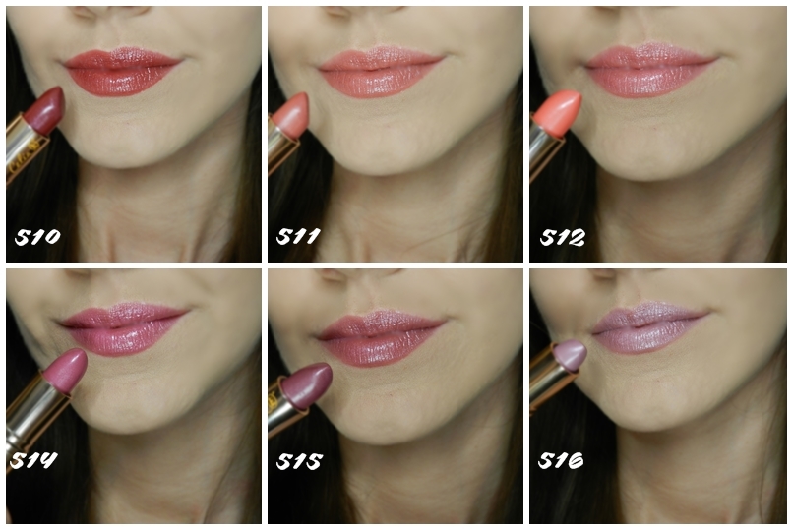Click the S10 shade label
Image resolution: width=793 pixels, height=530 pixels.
point(37,236)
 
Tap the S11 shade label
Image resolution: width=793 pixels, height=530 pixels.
point(298,236)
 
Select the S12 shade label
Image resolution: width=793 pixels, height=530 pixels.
point(563,237)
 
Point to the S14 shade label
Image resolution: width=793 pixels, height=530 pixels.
point(33,460)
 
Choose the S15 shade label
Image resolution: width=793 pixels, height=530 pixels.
point(299,461)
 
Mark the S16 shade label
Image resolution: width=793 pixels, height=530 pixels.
point(561,460)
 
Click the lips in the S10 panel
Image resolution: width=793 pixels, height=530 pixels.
point(121,71)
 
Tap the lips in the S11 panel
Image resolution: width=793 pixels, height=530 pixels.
point(381,72)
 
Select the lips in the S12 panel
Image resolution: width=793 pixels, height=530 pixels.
point(649,70)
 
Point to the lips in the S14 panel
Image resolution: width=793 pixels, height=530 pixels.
point(123,328)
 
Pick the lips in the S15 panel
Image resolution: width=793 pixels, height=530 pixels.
point(381,338)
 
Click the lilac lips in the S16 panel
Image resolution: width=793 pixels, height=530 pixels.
point(649,327)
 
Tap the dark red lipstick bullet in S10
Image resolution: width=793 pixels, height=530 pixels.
point(46,110)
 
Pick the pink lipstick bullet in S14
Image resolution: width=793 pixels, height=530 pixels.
point(66,371)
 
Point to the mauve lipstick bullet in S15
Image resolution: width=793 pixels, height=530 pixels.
point(308,385)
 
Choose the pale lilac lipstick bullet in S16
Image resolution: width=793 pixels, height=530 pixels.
point(572,355)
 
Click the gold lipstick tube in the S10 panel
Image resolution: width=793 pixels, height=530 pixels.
point(27,147)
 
